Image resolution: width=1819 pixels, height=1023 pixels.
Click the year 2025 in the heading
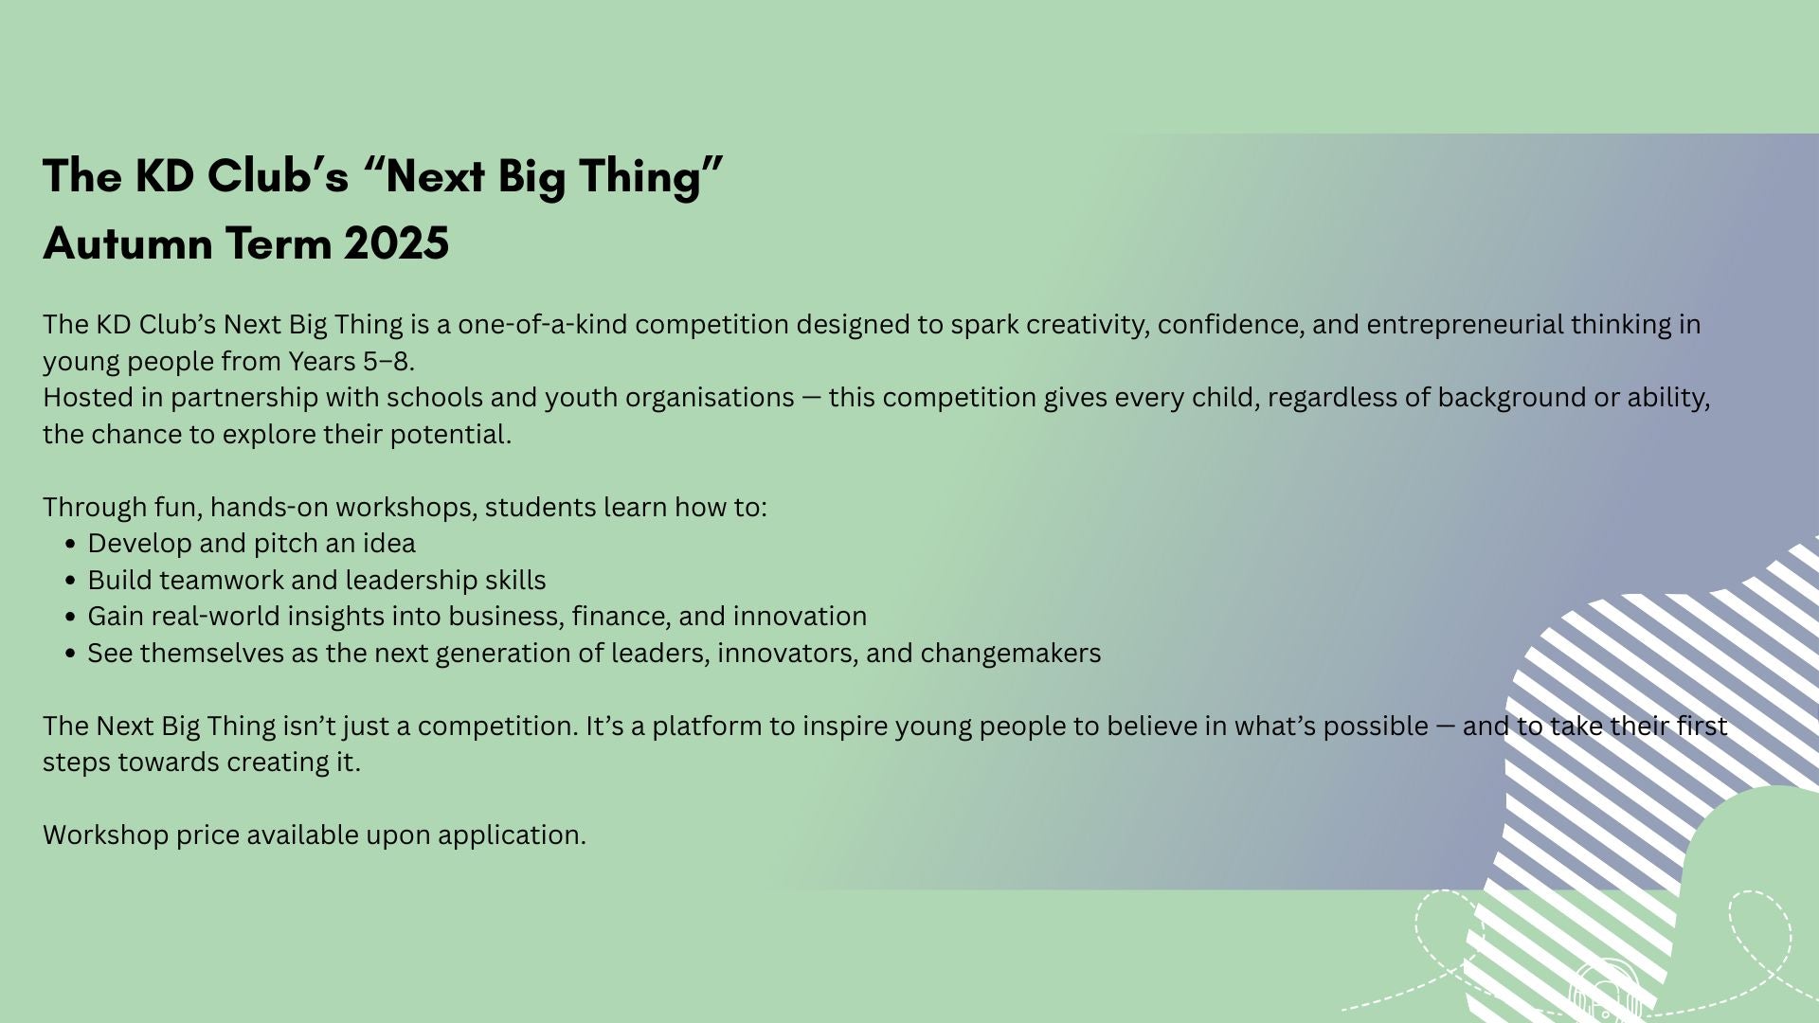pyautogui.click(x=396, y=243)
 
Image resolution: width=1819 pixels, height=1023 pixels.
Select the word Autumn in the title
pyautogui.click(x=128, y=243)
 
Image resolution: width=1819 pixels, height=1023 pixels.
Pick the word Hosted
pyautogui.click(x=81, y=398)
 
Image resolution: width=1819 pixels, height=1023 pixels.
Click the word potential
pyautogui.click(x=451, y=435)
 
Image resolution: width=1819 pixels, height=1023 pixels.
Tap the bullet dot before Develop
pyautogui.click(x=71, y=545)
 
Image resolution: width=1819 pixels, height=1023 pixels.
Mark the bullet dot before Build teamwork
pyautogui.click(x=71, y=581)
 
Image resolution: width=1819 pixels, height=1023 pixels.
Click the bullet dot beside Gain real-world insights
pyautogui.click(x=71, y=618)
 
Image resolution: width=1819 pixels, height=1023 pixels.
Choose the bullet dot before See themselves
pyautogui.click(x=71, y=654)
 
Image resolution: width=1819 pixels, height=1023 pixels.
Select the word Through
pyautogui.click(x=95, y=508)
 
